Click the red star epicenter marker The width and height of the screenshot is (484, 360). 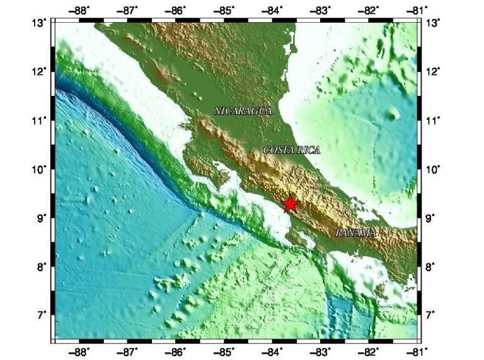coord(290,203)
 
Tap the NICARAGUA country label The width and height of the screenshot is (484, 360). coord(243,111)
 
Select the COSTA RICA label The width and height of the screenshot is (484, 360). coord(291,150)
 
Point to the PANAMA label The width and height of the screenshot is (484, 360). coord(356,233)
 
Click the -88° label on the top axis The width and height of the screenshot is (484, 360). coord(80,9)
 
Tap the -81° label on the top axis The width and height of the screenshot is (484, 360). coord(417,9)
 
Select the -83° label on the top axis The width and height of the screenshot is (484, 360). coord(321,9)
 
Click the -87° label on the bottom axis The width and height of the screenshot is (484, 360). coord(129,351)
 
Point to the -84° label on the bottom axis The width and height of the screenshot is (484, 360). coord(273,351)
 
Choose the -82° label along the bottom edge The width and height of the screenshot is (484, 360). coord(370,351)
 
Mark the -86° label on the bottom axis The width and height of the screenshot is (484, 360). coord(177,351)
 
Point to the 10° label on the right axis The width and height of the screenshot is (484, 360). coord(434,169)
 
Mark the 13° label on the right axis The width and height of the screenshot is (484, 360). coord(434,23)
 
